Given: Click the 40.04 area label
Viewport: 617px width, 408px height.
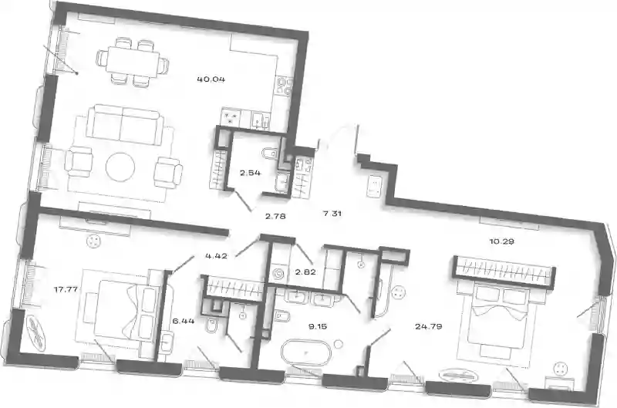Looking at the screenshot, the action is (211, 79).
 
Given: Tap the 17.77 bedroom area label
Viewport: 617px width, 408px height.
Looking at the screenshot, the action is (66, 289).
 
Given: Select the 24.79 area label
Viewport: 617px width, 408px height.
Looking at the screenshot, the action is (429, 326).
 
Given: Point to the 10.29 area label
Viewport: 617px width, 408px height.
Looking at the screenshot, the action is (502, 241).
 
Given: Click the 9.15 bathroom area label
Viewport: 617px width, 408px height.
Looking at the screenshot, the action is (318, 326).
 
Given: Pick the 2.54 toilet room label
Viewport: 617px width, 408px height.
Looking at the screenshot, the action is (250, 173).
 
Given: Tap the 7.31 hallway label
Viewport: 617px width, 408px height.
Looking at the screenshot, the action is (332, 214).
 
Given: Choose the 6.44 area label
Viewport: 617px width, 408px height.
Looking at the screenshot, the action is (184, 321).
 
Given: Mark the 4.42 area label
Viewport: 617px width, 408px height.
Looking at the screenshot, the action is (216, 256).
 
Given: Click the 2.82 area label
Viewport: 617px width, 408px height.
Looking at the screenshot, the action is (305, 271).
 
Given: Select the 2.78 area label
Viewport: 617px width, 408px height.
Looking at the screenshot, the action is (275, 216).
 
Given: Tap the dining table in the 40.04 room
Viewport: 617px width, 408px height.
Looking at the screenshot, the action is (132, 60).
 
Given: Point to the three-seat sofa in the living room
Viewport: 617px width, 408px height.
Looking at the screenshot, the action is (123, 125).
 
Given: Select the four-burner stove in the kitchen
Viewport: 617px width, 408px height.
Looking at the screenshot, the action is (231, 118).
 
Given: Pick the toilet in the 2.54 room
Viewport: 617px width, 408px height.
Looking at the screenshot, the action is (271, 153).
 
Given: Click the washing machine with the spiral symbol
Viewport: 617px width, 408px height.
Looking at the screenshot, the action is (279, 273).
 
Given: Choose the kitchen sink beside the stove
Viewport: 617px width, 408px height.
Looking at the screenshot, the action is (259, 120).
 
